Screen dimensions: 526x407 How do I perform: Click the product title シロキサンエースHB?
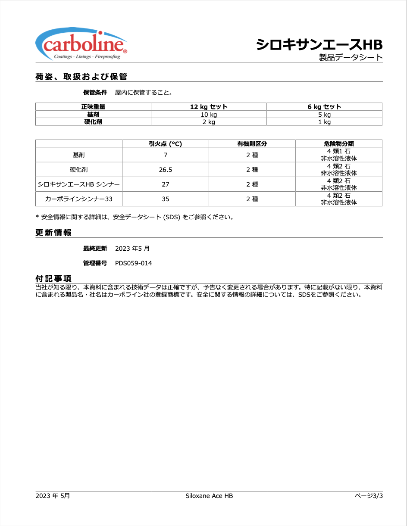tap(319, 44)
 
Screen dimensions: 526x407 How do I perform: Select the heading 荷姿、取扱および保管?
tap(81, 77)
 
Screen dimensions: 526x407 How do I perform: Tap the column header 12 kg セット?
tap(209, 107)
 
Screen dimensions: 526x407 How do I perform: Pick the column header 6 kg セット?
tap(324, 107)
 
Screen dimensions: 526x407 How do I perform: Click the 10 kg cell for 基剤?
tap(209, 115)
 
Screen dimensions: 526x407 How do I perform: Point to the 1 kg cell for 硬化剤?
tap(324, 122)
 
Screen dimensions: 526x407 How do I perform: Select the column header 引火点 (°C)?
tap(166, 144)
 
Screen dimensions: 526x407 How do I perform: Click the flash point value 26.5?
tap(166, 170)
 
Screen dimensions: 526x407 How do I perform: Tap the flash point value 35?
tap(166, 199)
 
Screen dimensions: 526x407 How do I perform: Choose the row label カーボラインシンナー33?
tap(79, 199)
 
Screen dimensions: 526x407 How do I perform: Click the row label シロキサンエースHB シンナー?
tap(79, 184)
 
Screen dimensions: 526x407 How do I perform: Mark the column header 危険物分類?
tap(339, 144)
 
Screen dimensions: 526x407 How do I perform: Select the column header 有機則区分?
tap(252, 144)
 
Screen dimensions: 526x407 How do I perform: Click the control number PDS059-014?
tap(133, 263)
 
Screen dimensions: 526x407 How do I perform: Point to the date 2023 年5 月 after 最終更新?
tap(132, 249)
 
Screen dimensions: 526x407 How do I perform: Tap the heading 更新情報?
tap(53, 233)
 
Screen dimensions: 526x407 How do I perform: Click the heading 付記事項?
tap(53, 279)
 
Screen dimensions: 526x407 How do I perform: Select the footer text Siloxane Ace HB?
tap(209, 496)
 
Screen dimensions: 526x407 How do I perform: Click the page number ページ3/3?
tap(369, 496)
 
